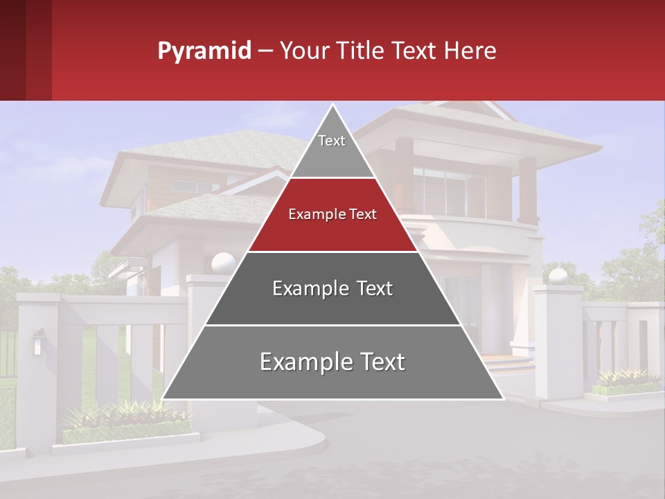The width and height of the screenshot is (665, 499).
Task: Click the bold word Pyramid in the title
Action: [204, 51]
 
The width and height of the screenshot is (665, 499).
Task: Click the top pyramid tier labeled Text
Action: [332, 141]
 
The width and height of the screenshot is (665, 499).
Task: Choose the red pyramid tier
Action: [332, 215]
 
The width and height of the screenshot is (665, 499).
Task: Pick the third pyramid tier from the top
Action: [332, 288]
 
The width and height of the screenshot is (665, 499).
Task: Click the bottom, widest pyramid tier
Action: [332, 362]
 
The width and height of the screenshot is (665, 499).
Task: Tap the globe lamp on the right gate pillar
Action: [558, 276]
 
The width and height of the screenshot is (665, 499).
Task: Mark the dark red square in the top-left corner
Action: [26, 50]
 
